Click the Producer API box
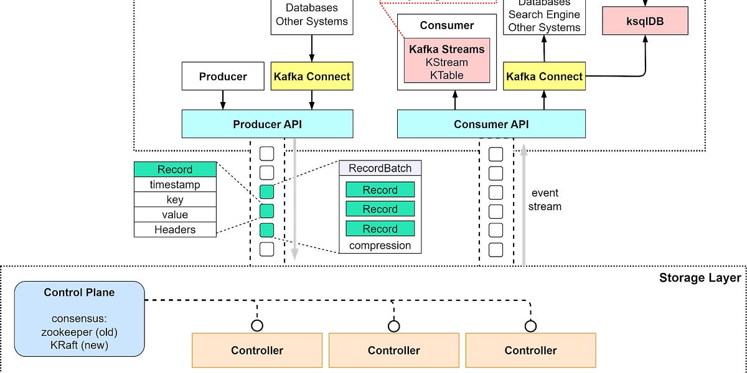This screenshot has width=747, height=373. click(267, 124)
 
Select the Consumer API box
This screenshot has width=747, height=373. click(491, 124)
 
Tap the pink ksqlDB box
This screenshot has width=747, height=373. click(645, 21)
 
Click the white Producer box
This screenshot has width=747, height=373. click(223, 76)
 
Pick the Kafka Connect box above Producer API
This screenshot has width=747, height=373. click(312, 76)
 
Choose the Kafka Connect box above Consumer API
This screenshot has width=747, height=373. click(545, 76)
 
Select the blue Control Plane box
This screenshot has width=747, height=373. click(80, 318)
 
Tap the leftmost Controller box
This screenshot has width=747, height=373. click(257, 350)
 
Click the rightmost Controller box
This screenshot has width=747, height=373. click(530, 350)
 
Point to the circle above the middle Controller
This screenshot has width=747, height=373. click(393, 326)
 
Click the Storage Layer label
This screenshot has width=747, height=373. click(700, 278)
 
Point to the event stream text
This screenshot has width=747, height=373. click(545, 200)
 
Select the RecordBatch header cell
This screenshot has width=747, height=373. click(380, 168)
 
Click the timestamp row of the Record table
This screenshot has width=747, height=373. click(175, 185)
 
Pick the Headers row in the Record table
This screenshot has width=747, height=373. click(175, 229)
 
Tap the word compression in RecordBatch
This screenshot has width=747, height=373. click(380, 245)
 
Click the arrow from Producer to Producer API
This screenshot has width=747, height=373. click(223, 99)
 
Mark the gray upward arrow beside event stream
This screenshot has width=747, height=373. click(524, 205)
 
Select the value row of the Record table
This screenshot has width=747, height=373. click(175, 214)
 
